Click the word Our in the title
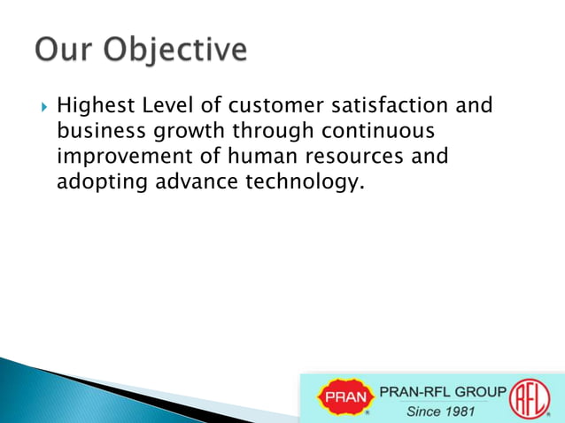click(x=64, y=50)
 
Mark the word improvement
click(x=119, y=158)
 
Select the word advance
click(x=187, y=183)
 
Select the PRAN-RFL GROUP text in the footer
click(x=444, y=390)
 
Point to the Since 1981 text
click(x=441, y=411)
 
